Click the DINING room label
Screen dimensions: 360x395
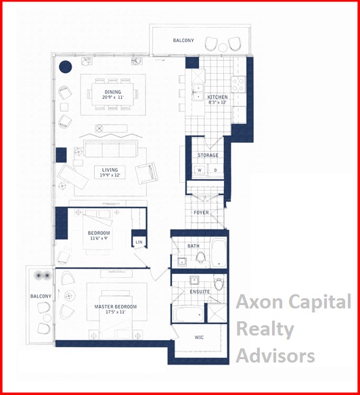click(113, 92)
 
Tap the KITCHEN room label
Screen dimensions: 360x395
click(217, 97)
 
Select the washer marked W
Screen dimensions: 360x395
click(200, 170)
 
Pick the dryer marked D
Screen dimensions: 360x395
click(216, 170)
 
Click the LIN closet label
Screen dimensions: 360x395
click(139, 242)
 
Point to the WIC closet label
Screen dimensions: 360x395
click(199, 338)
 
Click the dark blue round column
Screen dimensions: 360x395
click(66, 67)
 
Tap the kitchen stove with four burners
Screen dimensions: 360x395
click(239, 84)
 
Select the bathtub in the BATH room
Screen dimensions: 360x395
click(219, 253)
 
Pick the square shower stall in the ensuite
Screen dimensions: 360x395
click(217, 313)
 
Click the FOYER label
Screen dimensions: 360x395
click(201, 212)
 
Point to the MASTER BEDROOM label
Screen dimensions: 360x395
click(116, 306)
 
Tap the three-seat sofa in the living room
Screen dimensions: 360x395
click(110, 149)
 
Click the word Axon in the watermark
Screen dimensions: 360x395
click(260, 302)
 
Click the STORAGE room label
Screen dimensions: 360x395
click(208, 155)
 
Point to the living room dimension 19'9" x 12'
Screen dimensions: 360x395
click(110, 175)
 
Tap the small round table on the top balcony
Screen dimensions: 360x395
click(223, 47)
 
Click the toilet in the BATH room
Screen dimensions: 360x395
click(201, 257)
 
